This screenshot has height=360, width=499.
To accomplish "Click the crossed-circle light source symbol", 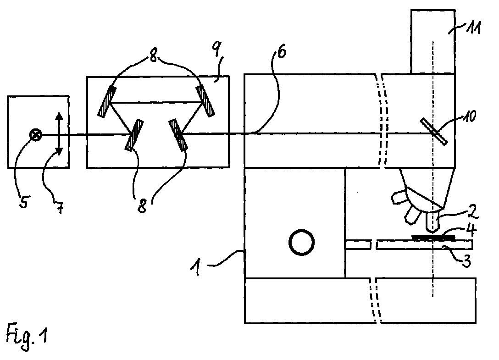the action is point(36,135).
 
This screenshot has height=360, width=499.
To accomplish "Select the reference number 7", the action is point(60,207).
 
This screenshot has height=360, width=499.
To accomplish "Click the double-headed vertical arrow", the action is point(59,134).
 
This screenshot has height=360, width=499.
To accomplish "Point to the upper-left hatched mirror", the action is point(107,101).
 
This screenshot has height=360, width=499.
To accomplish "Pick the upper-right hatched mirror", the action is point(205,100).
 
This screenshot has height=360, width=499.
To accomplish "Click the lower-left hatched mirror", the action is point(134,135).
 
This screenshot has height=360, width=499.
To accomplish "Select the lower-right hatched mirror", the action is point(178,134).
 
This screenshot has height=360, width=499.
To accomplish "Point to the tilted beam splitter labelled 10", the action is point(434,131).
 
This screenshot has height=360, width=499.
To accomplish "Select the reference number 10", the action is point(469,116).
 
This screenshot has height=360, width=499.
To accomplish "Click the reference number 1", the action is point(196,267).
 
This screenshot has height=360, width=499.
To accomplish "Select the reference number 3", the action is point(466,262).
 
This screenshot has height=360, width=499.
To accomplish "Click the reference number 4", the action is point(471,230).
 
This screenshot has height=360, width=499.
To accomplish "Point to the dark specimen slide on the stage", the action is point(433,238).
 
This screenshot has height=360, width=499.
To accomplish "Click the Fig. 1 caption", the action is point(27,337).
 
